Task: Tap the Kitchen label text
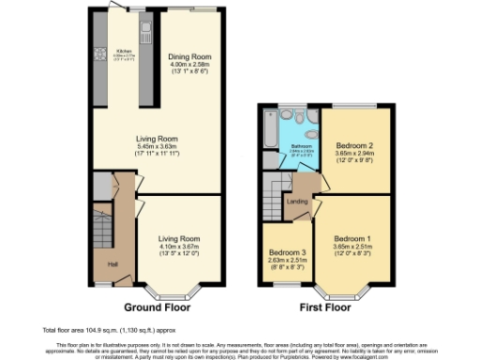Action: click(124, 51)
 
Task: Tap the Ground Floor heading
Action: click(156, 307)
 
